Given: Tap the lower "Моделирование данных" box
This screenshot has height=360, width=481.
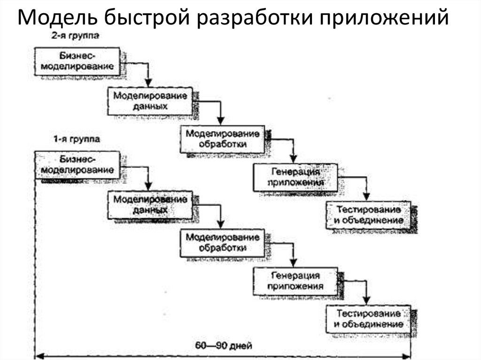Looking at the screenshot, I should click(x=150, y=205).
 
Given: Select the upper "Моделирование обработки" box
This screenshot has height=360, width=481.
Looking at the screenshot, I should click(x=223, y=139).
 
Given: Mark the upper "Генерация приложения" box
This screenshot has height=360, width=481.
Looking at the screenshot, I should click(x=295, y=177).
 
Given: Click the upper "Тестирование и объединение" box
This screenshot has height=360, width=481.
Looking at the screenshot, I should click(x=368, y=214).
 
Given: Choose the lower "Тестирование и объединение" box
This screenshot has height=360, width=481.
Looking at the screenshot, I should click(x=368, y=319).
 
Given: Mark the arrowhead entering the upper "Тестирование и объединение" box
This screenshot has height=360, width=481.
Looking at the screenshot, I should click(x=367, y=198).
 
